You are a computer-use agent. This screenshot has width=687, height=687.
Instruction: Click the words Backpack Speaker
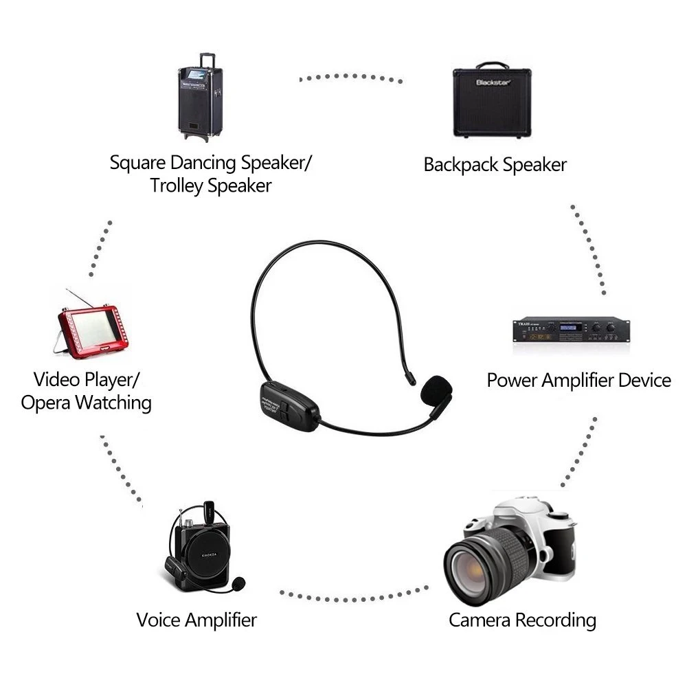495,165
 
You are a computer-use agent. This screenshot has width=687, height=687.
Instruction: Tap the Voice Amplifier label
196,620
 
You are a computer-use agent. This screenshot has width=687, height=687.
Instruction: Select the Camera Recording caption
522,620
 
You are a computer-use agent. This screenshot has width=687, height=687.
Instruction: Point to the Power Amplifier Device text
578,380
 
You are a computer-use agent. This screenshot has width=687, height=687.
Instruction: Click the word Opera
45,403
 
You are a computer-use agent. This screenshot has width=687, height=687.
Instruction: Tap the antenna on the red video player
77,297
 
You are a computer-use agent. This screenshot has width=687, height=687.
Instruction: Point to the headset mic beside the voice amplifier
237,585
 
